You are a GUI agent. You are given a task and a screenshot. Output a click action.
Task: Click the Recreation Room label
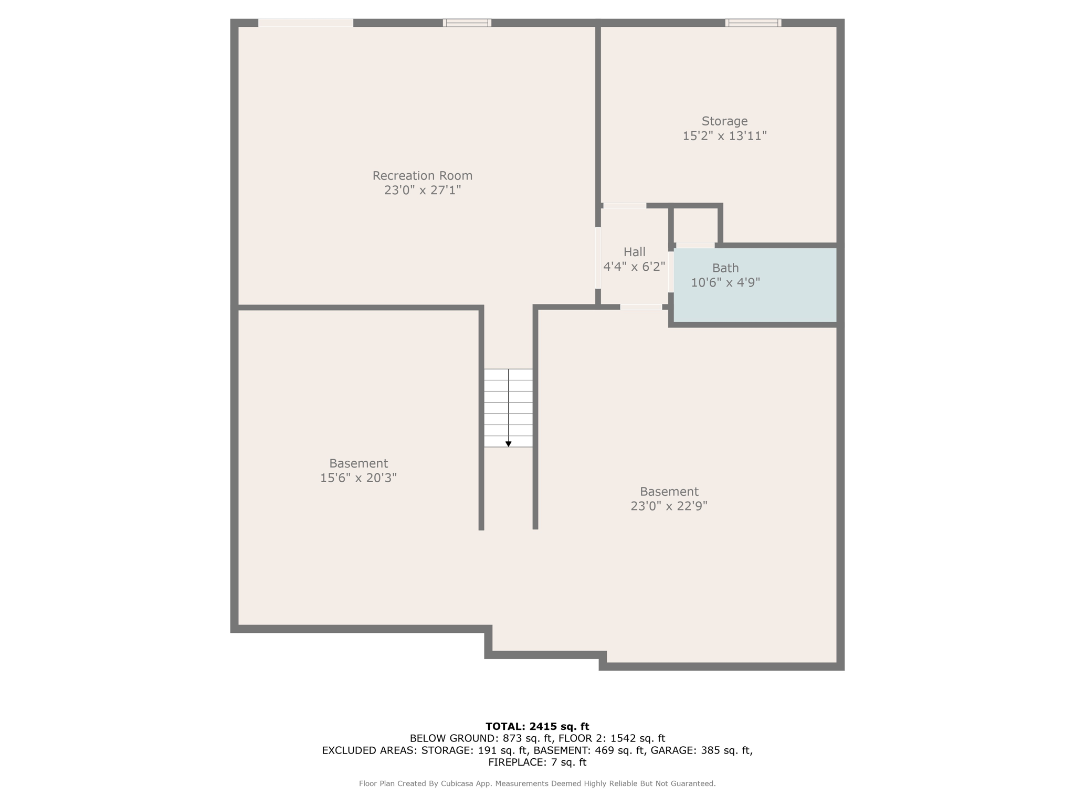coord(423,175)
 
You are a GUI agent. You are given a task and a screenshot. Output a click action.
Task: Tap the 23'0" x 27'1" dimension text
coord(423,190)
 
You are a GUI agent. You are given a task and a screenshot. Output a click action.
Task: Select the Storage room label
coord(724,121)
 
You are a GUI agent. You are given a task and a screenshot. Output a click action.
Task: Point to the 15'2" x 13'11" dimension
coord(724,136)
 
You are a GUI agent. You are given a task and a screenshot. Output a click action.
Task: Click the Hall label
coord(634,252)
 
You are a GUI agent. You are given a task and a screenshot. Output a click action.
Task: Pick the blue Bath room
coord(755,285)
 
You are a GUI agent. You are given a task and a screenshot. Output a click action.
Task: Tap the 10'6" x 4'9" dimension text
coord(725,283)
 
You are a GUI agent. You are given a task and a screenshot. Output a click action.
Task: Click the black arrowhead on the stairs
coord(508,444)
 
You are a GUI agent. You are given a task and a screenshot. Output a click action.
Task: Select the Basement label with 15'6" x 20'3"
coord(359,463)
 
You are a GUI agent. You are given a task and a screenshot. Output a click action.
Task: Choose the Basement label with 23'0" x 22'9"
coord(669,492)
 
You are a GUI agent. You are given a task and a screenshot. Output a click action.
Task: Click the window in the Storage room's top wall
coord(753,23)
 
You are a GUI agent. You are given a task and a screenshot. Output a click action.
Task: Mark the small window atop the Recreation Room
coord(467,23)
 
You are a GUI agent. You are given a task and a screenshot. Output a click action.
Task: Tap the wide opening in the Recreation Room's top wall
coord(305,23)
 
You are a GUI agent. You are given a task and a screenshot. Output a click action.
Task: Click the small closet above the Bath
coord(695,226)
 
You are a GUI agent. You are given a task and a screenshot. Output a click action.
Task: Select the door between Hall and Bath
coord(671,272)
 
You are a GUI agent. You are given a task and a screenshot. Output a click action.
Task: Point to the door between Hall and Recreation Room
coord(598,258)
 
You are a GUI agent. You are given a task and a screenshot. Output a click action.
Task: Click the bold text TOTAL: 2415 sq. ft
coord(537,726)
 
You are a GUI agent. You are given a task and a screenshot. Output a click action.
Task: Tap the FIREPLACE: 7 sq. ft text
coord(537,762)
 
